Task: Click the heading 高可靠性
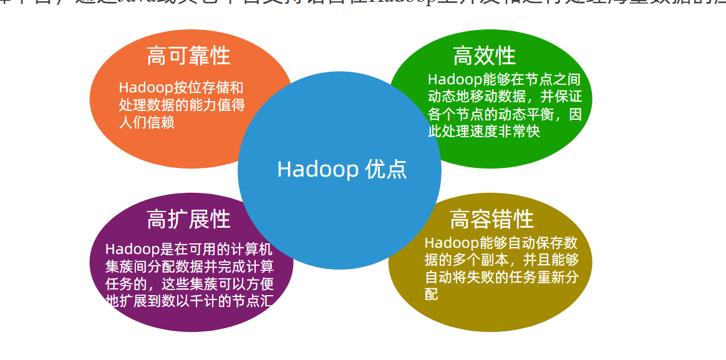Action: (188, 56)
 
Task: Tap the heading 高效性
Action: (484, 56)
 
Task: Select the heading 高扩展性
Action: (188, 219)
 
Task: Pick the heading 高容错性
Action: (491, 219)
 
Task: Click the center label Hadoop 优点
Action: (341, 169)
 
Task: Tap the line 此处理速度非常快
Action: (483, 132)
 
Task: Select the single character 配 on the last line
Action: (432, 294)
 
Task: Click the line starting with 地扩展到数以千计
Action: (190, 302)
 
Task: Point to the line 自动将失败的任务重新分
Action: (501, 278)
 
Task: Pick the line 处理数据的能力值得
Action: (181, 105)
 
